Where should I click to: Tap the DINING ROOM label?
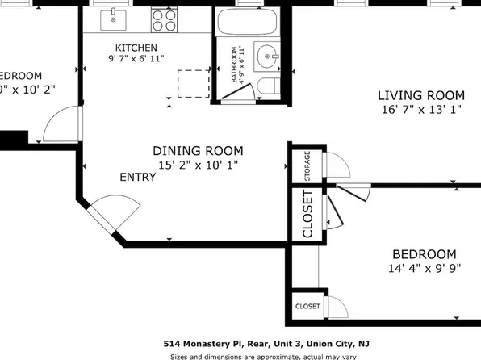(198, 150)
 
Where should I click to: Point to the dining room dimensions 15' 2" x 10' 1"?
(198, 165)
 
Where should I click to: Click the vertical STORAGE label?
(307, 165)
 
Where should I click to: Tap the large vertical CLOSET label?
(307, 214)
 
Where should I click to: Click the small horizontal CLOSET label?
(307, 307)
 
